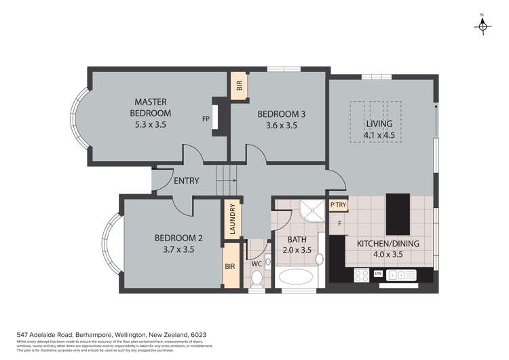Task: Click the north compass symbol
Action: click(483, 24)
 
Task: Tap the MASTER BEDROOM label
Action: click(151, 107)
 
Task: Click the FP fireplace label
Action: click(206, 119)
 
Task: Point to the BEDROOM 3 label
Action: click(281, 115)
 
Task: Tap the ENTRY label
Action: click(187, 181)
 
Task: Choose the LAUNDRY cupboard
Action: click(232, 219)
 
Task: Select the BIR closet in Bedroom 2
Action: click(230, 267)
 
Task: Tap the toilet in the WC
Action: click(257, 278)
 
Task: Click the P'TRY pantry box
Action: click(337, 204)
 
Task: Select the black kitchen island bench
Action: click(398, 213)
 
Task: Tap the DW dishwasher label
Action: click(379, 274)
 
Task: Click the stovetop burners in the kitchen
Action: click(360, 275)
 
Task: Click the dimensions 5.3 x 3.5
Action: click(151, 125)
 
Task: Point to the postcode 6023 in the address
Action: click(197, 335)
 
